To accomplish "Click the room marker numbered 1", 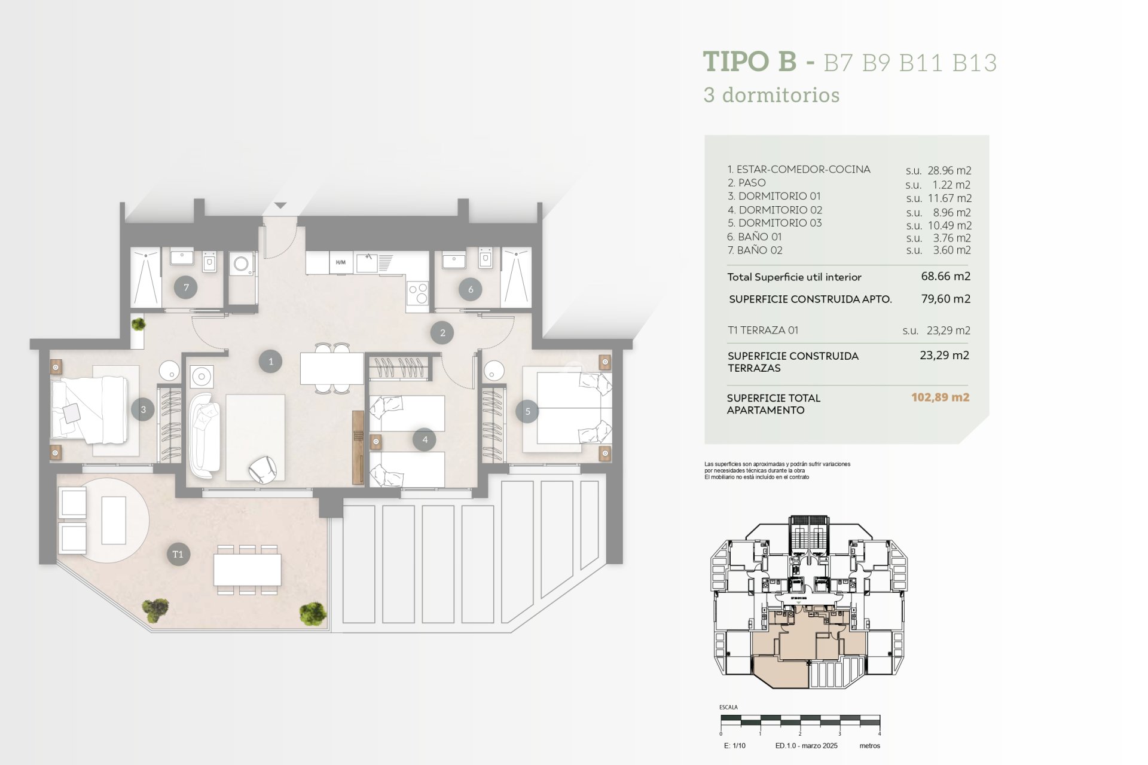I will (x=270, y=362).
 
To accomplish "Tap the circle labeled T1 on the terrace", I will (x=178, y=554).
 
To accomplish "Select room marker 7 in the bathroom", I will (x=186, y=287).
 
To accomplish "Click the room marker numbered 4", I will (x=425, y=439).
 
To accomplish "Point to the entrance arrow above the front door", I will (x=280, y=206).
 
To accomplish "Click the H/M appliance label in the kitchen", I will (x=341, y=262).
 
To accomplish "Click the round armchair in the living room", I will (x=262, y=469).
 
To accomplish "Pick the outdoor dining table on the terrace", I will (x=248, y=570).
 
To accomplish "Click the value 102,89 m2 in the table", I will (x=940, y=397).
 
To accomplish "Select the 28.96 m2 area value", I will (x=949, y=170).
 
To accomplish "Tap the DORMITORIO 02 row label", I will (x=775, y=210).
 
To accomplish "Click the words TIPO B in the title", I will (x=750, y=62).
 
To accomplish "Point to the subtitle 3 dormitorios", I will (x=771, y=95).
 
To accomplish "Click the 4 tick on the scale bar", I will (x=879, y=733).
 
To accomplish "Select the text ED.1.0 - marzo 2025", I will (x=806, y=746).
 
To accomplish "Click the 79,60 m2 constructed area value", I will (x=945, y=299).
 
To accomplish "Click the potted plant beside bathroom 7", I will (x=138, y=324).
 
